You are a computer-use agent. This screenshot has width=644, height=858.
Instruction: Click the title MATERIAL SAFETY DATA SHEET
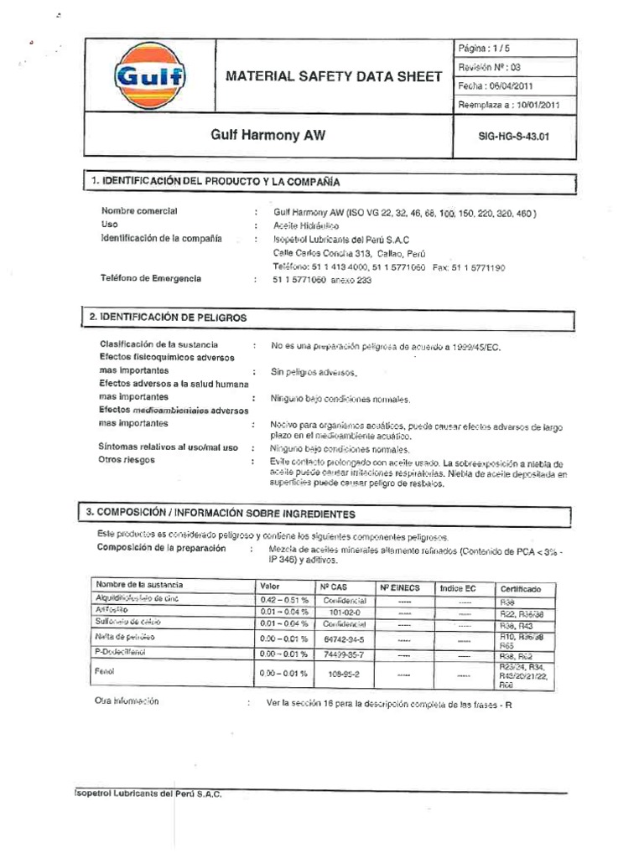[334, 77]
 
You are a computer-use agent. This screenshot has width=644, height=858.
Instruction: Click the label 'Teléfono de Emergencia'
[151, 278]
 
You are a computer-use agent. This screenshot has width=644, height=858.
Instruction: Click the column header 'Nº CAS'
[335, 587]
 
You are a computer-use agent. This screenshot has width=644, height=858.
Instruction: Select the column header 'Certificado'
[521, 588]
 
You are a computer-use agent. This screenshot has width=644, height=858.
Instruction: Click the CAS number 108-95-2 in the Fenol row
[341, 673]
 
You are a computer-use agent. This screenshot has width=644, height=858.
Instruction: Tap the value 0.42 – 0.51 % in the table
[283, 601]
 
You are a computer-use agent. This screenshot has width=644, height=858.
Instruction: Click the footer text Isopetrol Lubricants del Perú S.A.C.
[148, 794]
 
